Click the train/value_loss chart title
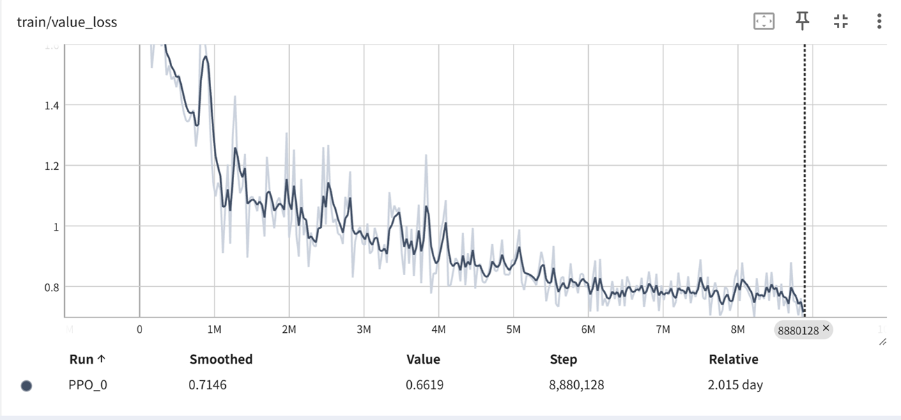coord(67,22)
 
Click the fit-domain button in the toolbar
coord(764,22)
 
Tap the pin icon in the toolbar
coord(803,21)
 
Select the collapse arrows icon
coord(841,21)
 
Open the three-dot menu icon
coord(879,21)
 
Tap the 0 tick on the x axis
coord(139,329)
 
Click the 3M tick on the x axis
coord(364,329)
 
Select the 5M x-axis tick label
coord(513,329)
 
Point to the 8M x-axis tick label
coord(737,329)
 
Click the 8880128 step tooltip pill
coord(799,330)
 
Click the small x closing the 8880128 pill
coord(826,328)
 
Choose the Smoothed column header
coord(221,359)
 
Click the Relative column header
coord(733,359)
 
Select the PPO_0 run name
coord(88,384)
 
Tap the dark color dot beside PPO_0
coord(26,385)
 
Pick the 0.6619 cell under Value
coord(425,384)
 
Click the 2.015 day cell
coord(736,384)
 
